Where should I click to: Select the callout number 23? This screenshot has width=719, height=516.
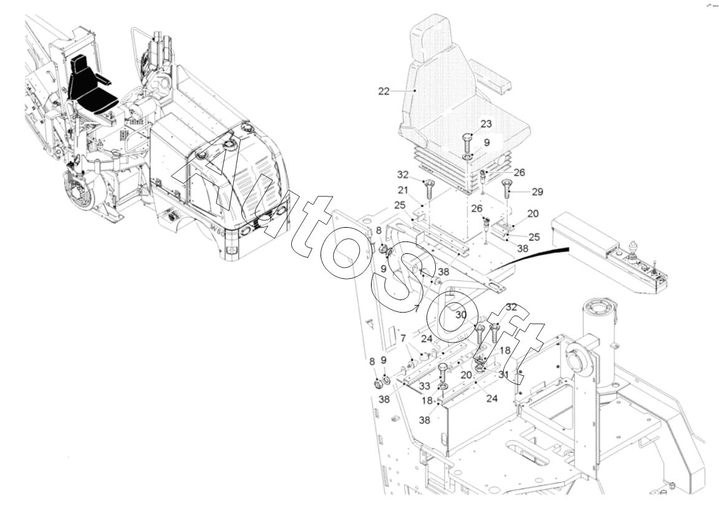point(486,124)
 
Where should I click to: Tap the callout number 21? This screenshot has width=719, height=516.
point(402,190)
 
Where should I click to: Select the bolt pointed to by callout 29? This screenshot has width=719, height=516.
point(506,187)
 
